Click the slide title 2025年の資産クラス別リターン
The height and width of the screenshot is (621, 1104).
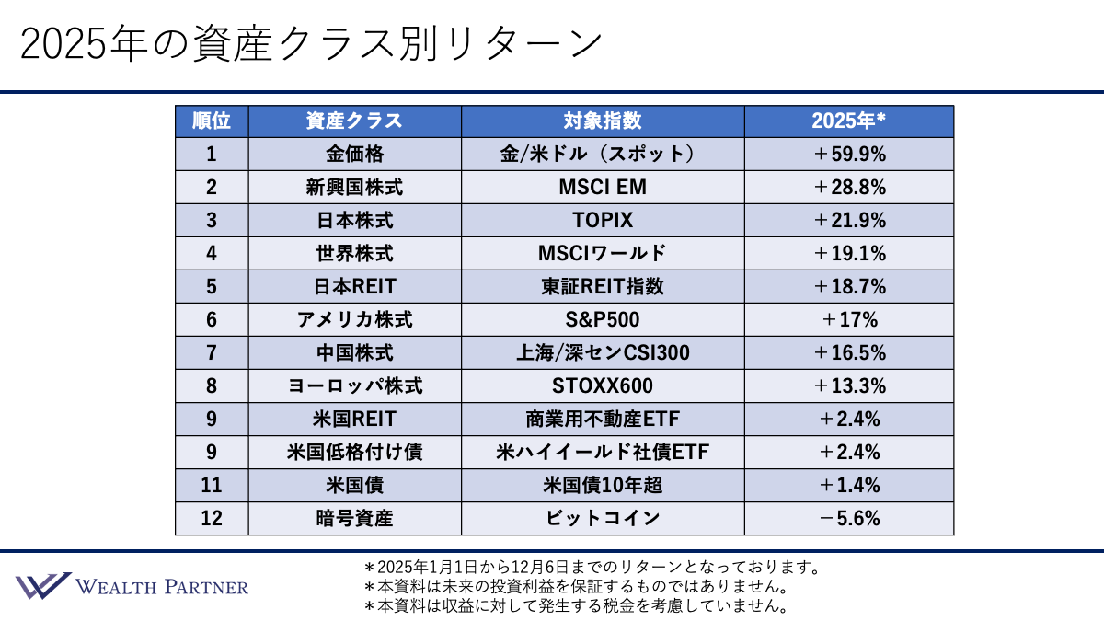[311, 43]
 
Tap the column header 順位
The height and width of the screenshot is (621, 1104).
[212, 121]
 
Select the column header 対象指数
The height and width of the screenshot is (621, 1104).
[603, 121]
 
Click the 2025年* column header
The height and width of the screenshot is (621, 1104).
[848, 121]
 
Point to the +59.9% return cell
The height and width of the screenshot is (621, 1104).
[848, 155]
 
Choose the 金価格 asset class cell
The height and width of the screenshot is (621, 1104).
[354, 155]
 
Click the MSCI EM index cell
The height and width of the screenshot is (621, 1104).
[603, 188]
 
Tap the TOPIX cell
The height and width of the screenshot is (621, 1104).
[603, 221]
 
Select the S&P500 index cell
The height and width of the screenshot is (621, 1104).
[603, 320]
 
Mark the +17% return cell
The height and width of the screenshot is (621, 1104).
[848, 320]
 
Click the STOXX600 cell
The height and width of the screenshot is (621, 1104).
[603, 385]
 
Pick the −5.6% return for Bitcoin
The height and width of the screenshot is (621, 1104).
[848, 518]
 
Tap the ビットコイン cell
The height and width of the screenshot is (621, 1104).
[603, 518]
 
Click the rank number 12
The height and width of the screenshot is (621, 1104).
[212, 518]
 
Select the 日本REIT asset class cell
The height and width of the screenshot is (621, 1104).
[354, 287]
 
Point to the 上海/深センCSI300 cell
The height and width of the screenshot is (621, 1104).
[603, 353]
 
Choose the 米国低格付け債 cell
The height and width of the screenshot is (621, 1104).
[354, 452]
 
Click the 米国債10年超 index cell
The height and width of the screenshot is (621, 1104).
[603, 485]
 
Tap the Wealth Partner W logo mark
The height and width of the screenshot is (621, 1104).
[42, 586]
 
